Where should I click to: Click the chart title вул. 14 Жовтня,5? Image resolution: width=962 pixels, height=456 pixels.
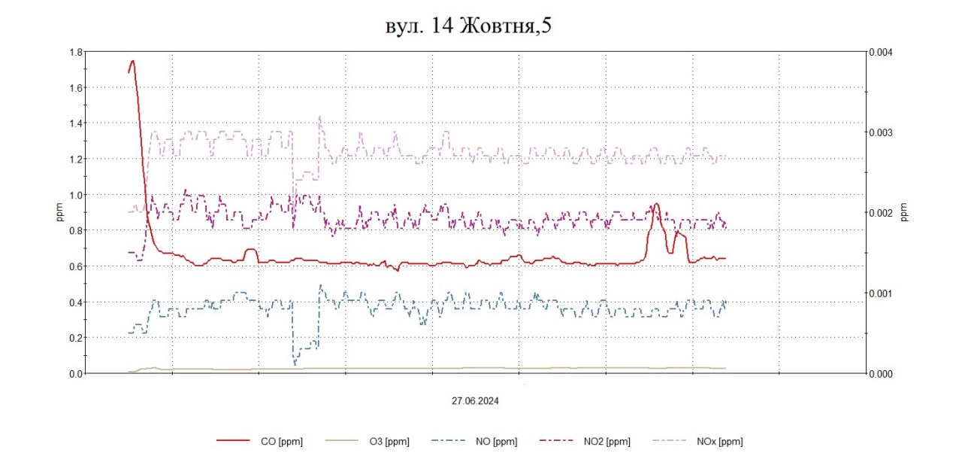click(x=469, y=25)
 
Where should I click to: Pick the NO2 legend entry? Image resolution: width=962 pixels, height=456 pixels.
click(x=607, y=442)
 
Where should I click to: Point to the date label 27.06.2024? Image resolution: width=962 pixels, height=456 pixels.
click(x=475, y=401)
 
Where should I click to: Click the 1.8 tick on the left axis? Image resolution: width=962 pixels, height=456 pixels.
click(x=74, y=52)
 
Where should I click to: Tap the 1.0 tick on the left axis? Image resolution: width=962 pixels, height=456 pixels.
click(x=74, y=195)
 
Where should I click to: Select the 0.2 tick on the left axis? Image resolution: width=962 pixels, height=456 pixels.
click(x=74, y=338)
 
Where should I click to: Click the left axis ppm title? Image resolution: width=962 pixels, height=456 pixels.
click(x=59, y=213)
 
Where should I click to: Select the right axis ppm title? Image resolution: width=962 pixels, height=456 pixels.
click(x=904, y=213)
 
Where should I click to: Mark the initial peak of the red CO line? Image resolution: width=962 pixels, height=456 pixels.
click(x=132, y=62)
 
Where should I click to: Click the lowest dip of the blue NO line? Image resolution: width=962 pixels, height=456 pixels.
click(x=295, y=365)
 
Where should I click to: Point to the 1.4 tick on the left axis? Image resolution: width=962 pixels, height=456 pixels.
click(x=74, y=123)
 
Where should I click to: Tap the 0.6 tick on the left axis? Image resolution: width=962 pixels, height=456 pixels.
click(x=74, y=266)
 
